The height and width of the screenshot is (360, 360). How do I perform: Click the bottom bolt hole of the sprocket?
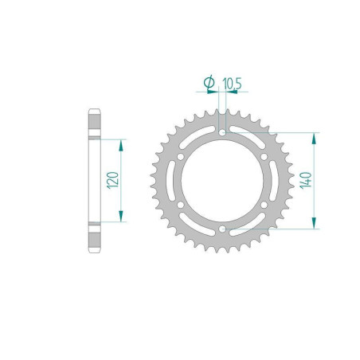pyautogui.click(x=220, y=233)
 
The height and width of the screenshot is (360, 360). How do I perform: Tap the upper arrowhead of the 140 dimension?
pyautogui.click(x=318, y=137)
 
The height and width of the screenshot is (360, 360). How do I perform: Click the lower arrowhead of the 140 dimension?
pyautogui.click(x=318, y=225)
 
